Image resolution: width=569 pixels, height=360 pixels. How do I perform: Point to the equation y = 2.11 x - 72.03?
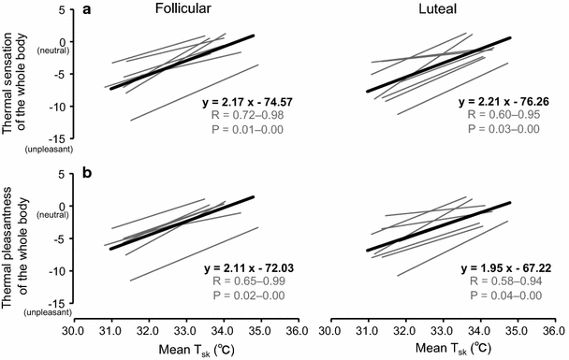point(250,268)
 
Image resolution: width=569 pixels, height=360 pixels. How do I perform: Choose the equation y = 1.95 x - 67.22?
point(505,268)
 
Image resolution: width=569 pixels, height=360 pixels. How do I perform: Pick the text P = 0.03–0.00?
point(505,129)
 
